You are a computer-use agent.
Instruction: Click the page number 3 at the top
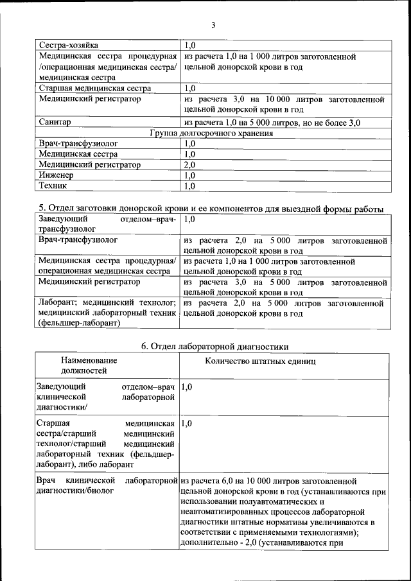[213, 25]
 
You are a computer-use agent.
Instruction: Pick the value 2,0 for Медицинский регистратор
[189, 165]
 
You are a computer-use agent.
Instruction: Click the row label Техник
[53, 186]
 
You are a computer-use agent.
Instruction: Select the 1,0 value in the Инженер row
[189, 175]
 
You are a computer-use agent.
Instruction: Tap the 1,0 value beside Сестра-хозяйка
[189, 46]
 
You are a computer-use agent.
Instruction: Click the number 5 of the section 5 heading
[41, 208]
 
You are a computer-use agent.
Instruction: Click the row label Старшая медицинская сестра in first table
[95, 88]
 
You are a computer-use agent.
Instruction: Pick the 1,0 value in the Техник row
[189, 186]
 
